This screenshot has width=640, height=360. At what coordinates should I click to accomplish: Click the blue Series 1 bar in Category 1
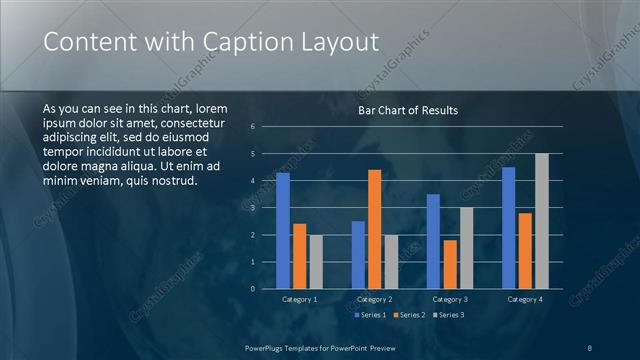coord(283,231)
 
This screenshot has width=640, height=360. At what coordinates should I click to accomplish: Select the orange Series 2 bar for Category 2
coord(375,229)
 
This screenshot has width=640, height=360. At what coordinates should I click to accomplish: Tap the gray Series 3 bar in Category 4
coord(542,221)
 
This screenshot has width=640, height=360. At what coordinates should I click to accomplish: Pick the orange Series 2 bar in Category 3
coord(450,264)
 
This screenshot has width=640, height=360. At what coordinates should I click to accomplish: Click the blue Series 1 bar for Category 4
coord(509,228)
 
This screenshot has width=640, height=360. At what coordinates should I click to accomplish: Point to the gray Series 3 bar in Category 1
coord(316,262)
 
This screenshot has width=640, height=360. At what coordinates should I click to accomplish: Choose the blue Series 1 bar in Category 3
coord(433,241)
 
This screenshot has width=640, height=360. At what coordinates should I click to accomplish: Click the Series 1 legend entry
coord(370,315)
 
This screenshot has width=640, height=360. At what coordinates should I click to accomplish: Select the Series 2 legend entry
coord(409,315)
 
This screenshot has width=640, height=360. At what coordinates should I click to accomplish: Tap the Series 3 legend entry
coord(447,315)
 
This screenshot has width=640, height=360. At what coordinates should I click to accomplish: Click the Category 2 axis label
coord(374,299)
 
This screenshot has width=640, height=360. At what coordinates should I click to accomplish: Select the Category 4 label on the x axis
coord(525,299)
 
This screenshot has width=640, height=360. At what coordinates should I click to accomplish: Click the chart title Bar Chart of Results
coord(408,110)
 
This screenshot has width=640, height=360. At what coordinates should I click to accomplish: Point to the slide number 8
coord(590,347)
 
